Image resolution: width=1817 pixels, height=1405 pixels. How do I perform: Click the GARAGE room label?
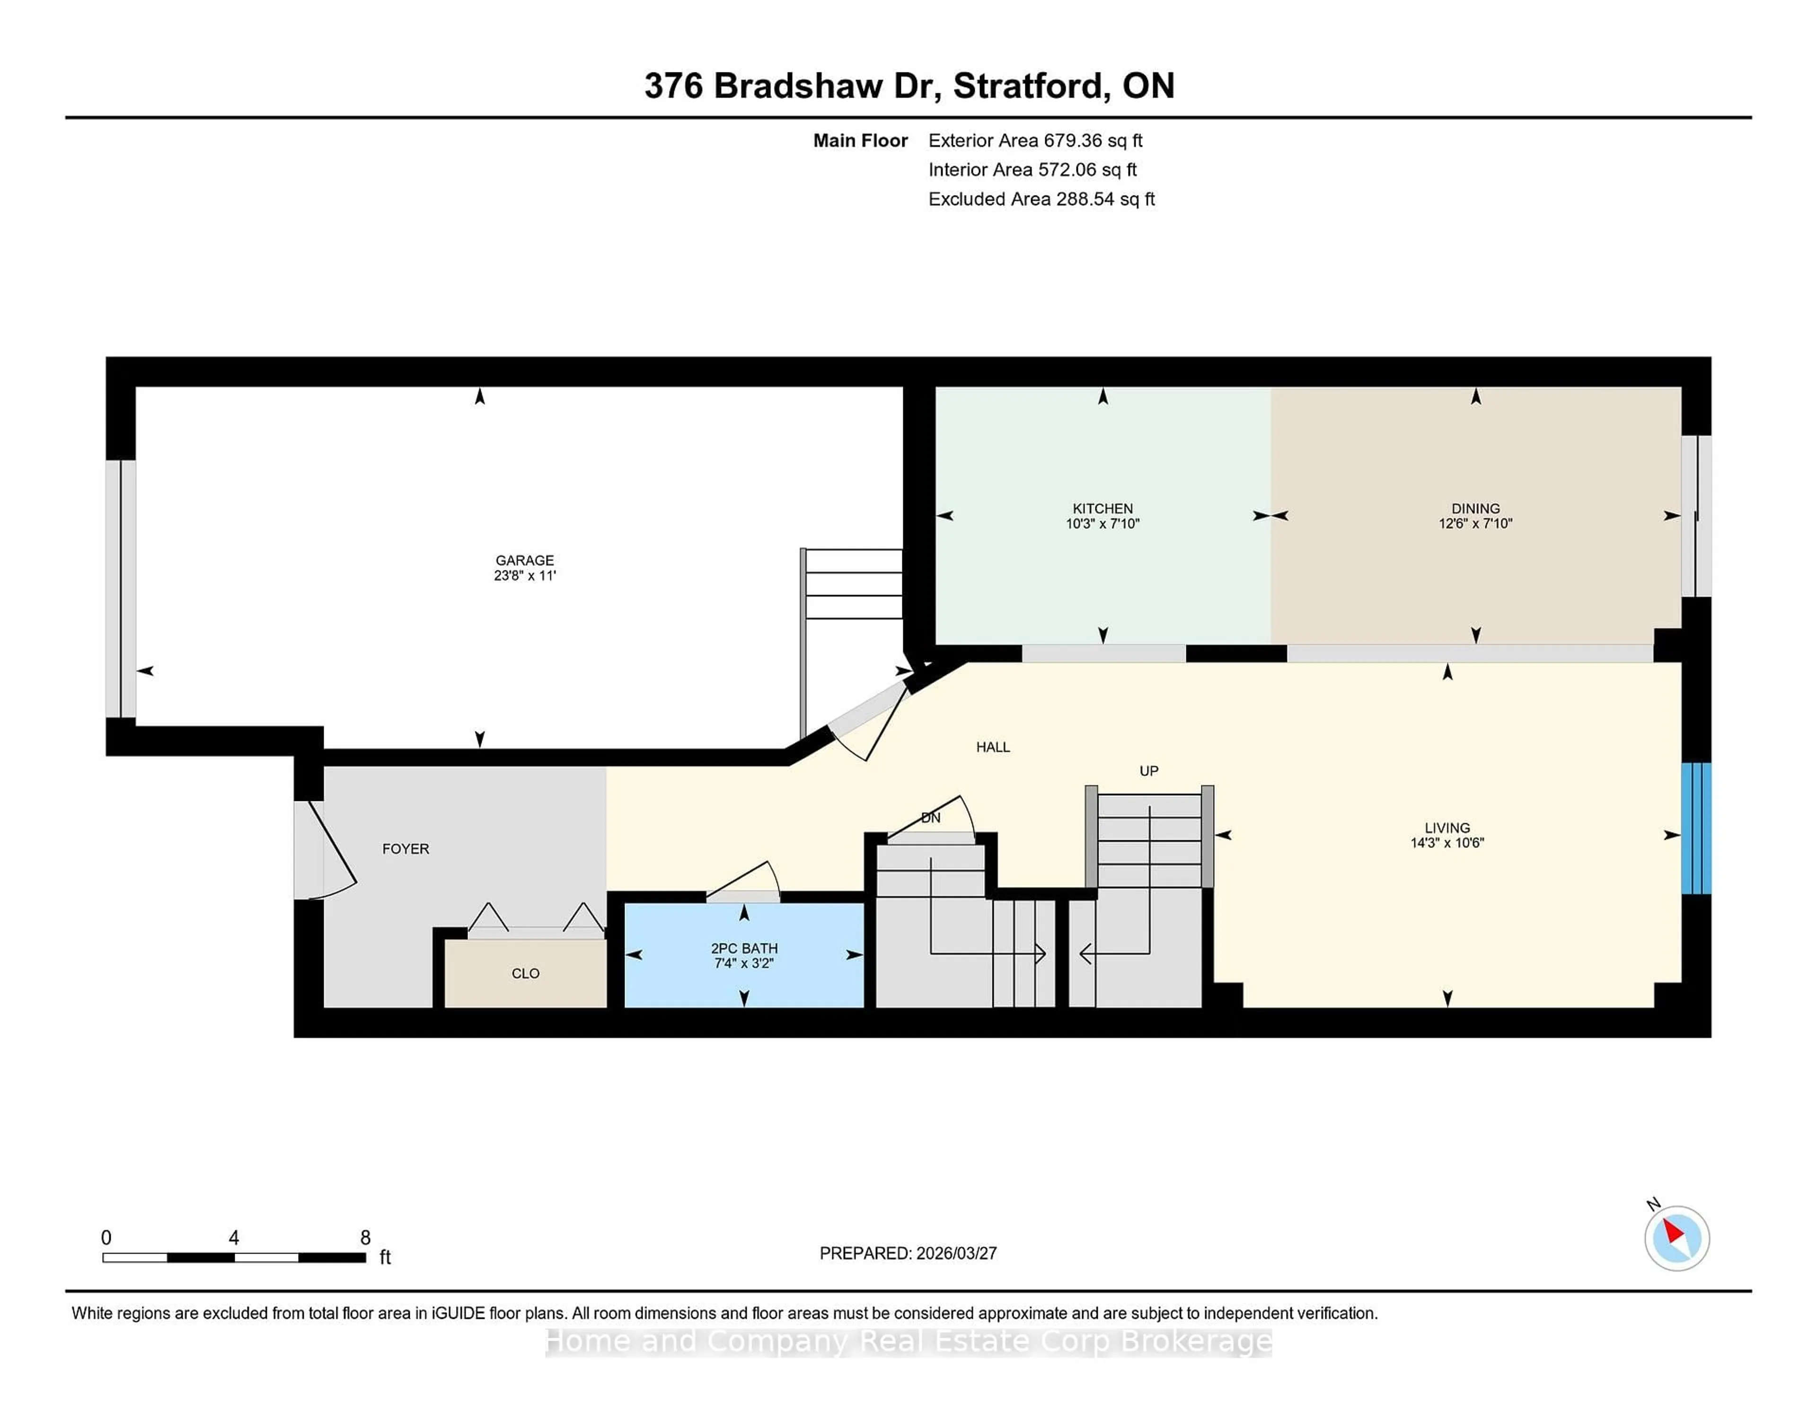(524, 560)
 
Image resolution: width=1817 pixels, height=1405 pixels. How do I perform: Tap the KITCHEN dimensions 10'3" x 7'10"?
(1103, 524)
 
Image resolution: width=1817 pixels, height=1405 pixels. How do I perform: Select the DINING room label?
(1475, 508)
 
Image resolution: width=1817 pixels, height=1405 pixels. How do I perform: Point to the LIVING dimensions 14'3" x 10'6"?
(1447, 842)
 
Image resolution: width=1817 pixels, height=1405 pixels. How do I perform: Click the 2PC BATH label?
(744, 948)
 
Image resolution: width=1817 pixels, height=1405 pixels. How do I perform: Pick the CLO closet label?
(525, 973)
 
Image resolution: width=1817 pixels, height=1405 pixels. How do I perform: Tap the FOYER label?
(405, 848)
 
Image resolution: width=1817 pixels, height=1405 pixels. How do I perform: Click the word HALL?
(993, 747)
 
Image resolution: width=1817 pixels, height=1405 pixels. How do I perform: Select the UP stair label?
(1148, 771)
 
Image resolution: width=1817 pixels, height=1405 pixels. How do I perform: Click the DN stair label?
(930, 818)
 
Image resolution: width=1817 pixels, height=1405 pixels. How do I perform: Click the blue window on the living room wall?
(1695, 828)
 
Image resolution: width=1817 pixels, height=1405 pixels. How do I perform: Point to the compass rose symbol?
(1676, 1238)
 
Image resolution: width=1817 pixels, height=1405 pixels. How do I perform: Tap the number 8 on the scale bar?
(364, 1237)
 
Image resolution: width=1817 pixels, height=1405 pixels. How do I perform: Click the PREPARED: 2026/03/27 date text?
(908, 1253)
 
